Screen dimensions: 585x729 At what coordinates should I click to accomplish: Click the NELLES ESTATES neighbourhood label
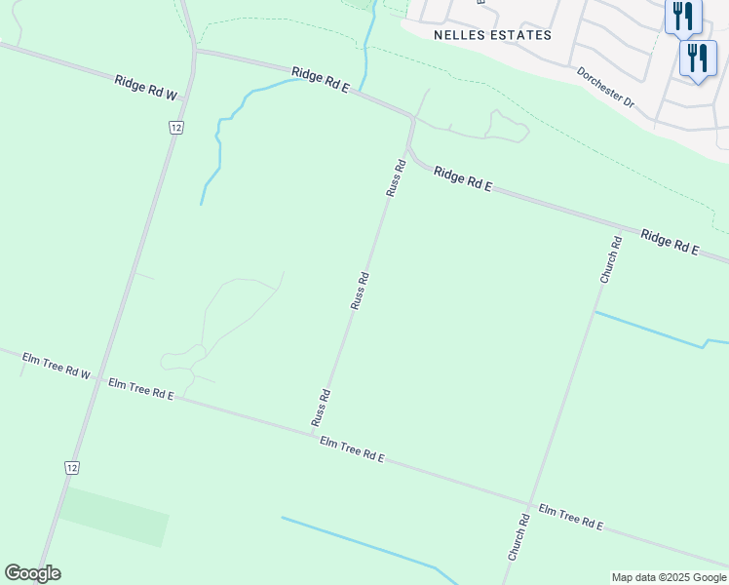click(492, 35)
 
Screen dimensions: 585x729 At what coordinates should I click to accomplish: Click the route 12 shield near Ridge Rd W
click(175, 128)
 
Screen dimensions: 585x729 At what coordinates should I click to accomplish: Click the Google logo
click(32, 573)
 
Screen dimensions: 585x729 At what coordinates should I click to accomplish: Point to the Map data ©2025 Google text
click(669, 577)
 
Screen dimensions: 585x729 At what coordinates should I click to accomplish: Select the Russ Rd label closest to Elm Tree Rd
click(321, 409)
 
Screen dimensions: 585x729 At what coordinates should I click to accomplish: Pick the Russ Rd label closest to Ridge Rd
click(395, 177)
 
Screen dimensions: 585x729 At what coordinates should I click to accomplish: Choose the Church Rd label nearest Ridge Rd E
click(610, 259)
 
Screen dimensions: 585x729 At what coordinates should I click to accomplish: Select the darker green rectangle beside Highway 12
click(115, 516)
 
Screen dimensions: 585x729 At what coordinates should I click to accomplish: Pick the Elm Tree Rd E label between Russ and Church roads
click(352, 449)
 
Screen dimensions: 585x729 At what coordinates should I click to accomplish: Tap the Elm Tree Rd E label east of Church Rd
click(571, 518)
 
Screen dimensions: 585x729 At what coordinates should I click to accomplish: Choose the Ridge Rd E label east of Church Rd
click(670, 242)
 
